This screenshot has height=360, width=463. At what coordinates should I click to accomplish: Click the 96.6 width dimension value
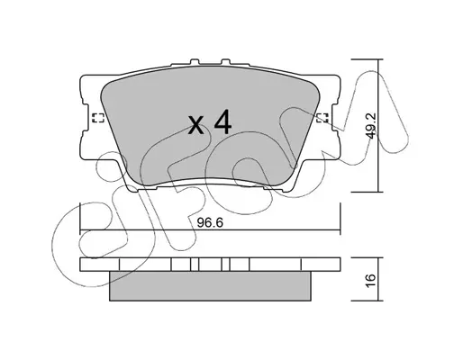tap(210, 222)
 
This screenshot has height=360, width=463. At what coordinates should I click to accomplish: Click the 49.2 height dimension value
tap(372, 126)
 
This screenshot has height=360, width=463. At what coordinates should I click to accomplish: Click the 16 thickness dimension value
tap(371, 281)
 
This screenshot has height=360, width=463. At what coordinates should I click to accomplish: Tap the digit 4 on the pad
tap(222, 121)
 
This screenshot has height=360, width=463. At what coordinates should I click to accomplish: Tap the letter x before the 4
tap(196, 125)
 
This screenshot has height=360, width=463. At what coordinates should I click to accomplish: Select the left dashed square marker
tap(98, 118)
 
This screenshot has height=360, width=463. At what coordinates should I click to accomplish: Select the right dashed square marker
tap(323, 118)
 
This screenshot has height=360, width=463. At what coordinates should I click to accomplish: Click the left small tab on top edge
tap(195, 61)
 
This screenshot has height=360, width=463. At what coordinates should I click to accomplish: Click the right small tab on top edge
tap(225, 61)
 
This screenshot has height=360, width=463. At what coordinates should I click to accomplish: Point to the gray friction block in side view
tap(210, 286)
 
